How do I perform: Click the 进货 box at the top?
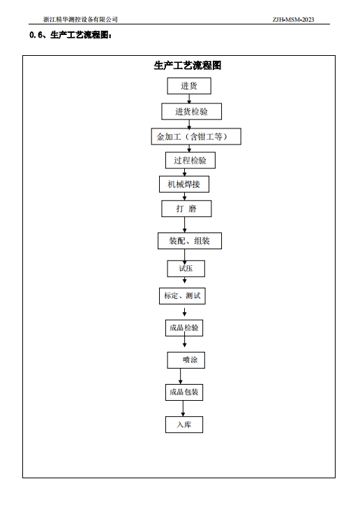(189, 86)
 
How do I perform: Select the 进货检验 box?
(192, 112)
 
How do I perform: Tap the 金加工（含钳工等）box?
(196, 136)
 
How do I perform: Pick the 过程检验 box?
(190, 161)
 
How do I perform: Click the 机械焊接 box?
(184, 184)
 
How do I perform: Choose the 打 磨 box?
(186, 209)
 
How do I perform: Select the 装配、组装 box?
(190, 241)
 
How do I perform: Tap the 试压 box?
(186, 269)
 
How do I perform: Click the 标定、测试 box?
(182, 296)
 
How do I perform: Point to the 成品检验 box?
(184, 328)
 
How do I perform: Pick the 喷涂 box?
(186, 360)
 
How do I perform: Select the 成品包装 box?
(184, 392)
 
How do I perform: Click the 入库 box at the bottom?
(184, 425)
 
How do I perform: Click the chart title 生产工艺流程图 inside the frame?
(188, 66)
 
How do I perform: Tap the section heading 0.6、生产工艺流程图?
(70, 35)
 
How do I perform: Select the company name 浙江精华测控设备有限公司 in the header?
(80, 20)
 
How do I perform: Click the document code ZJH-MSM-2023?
(293, 20)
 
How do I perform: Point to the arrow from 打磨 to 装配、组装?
(185, 225)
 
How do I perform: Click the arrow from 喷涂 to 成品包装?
(180, 376)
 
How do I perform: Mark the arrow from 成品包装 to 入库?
(183, 408)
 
